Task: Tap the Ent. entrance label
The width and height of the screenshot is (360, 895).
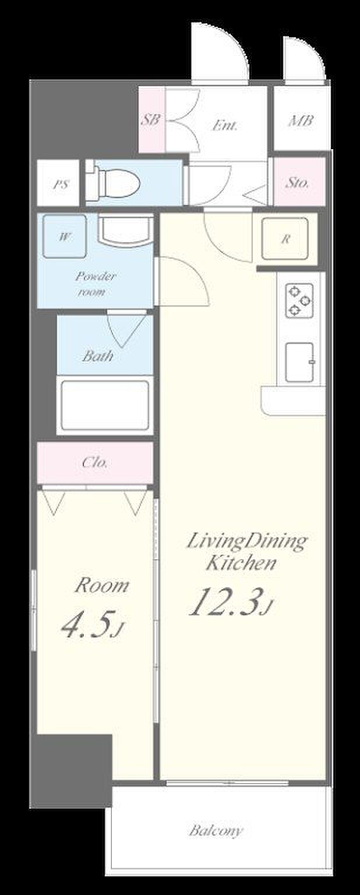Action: pos(224,126)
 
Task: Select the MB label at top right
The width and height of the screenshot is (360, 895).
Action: pos(301,120)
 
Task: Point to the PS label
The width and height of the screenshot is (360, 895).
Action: pos(61,185)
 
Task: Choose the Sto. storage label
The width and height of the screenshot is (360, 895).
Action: pos(297,182)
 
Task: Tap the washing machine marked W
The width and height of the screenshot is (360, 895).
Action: pos(64,237)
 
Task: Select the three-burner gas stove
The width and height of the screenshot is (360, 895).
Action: pos(299,300)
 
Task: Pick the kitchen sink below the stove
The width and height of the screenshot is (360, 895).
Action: pos(299,362)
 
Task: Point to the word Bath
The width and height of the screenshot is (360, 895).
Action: pos(97,355)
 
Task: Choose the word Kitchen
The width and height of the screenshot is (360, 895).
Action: pos(241,562)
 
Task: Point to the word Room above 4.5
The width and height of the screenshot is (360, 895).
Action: pos(102,586)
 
